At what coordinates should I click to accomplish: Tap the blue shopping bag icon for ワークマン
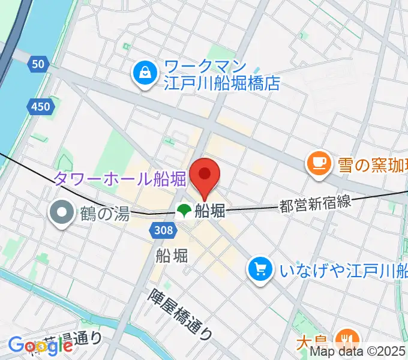coord(144,74)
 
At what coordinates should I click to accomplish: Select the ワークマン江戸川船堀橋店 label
coord(222,74)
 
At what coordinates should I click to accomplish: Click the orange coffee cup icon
coord(317,163)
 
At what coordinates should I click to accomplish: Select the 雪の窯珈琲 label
coord(370,163)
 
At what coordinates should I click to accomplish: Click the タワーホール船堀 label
coord(119,178)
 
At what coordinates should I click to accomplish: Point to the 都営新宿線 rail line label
coord(314,205)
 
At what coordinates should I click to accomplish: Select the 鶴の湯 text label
coord(104,213)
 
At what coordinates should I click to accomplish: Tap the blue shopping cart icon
coord(260,268)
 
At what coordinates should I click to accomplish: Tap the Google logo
coord(40,345)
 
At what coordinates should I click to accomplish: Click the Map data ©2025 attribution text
coord(358,353)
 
